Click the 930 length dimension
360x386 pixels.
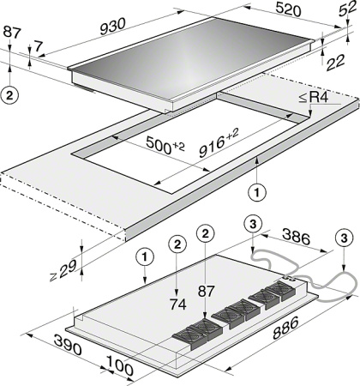pos(113,27)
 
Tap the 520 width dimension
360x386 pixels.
pos(288,9)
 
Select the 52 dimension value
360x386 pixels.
pos(347,11)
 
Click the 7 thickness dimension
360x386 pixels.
pos(39,46)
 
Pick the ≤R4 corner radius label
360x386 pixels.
pos(314,98)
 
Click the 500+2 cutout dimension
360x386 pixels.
pos(165,144)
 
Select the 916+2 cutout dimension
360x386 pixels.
pos(219,142)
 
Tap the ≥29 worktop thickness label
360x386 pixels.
pos(63,270)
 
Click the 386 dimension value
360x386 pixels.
pos(297,236)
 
